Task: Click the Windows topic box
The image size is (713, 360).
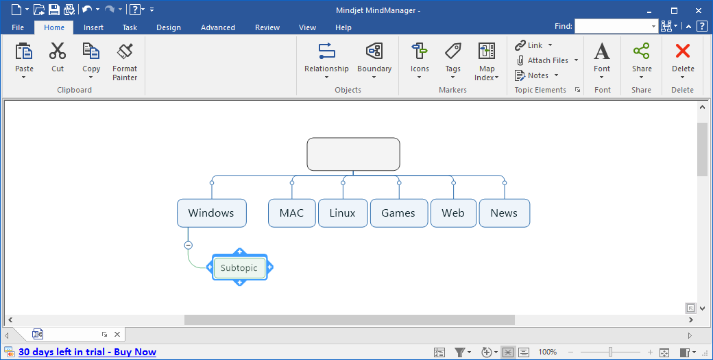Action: [211, 213]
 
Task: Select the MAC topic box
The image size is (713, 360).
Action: [291, 213]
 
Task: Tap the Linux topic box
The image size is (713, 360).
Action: [342, 213]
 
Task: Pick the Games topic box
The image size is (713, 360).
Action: [398, 213]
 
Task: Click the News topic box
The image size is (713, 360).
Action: [504, 213]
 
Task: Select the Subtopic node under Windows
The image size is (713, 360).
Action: [239, 268]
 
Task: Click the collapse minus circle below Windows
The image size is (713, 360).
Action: [188, 245]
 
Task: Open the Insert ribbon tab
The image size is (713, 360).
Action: [94, 27]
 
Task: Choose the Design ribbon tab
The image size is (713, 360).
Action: [169, 27]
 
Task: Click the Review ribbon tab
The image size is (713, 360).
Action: [267, 27]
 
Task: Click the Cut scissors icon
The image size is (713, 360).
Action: [58, 51]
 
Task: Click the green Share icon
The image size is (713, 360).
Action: [642, 51]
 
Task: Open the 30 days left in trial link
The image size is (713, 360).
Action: [87, 352]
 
